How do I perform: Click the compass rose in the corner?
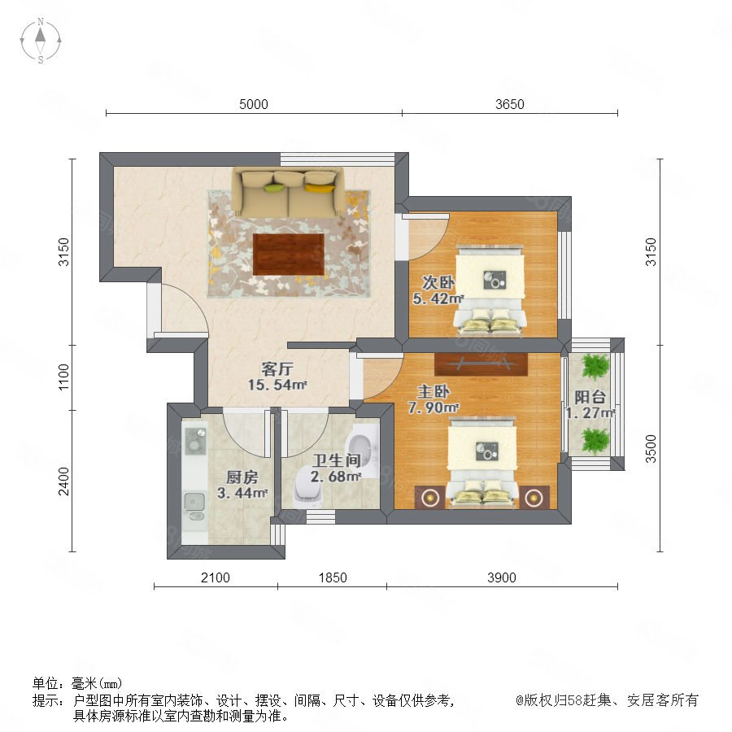[x=41, y=41]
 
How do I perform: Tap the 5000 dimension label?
[x=254, y=104]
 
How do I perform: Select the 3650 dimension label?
[x=510, y=104]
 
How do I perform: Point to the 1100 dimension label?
[x=63, y=377]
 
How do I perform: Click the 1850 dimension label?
[x=333, y=577]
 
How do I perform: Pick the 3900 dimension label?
[x=501, y=577]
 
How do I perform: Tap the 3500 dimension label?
[x=651, y=449]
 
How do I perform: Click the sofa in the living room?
[x=289, y=192]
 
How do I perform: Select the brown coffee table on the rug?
[x=289, y=255]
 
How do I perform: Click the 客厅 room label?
[x=277, y=369]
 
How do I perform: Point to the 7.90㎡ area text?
[x=434, y=407]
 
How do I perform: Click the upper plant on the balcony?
[x=595, y=365]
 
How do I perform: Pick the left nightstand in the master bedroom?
[x=429, y=498]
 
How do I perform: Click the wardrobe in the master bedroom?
[x=481, y=364]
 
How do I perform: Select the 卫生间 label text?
[x=337, y=461]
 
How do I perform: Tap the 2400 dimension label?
[x=63, y=481]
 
